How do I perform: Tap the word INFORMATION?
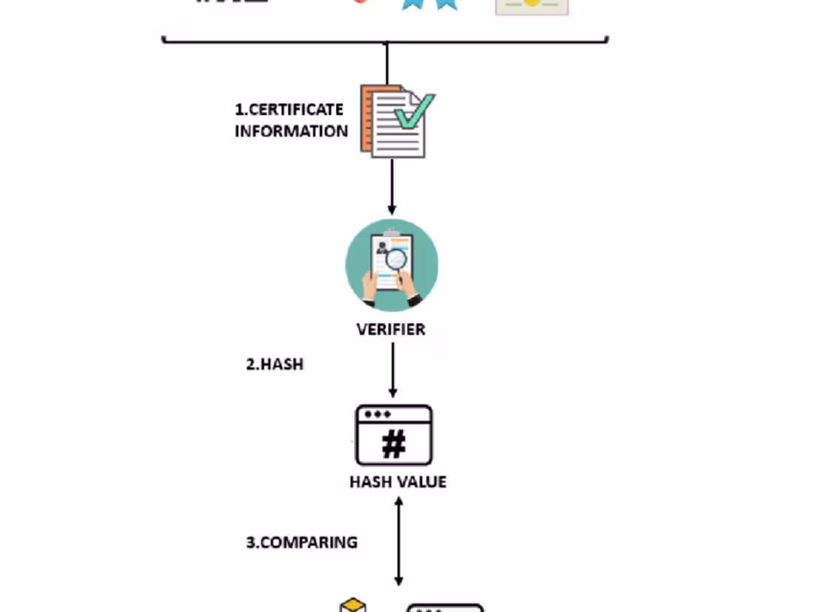coord(292,131)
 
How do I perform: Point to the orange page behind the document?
coord(366,119)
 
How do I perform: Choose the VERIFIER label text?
coord(391,329)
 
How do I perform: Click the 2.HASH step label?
coord(275,365)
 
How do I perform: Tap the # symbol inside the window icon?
coord(394,444)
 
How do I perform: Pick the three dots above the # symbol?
coord(377,414)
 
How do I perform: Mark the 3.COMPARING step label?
coord(302,542)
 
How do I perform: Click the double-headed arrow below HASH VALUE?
coord(399,541)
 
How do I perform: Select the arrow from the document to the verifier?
coord(391,185)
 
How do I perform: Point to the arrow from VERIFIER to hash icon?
coord(392,370)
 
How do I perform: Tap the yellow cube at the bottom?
coord(353,607)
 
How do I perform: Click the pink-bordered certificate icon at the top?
coord(531,6)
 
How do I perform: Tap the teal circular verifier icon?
coord(391,265)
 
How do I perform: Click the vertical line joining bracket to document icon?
coord(386,63)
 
